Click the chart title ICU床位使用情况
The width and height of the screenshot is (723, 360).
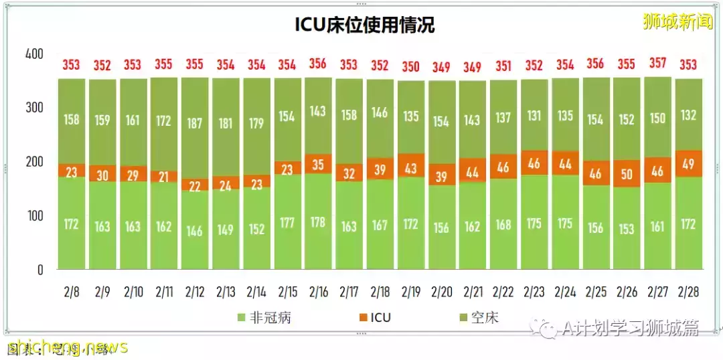tap(365, 25)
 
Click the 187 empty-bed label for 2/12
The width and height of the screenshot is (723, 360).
tap(195, 124)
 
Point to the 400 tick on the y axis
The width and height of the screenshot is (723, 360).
tap(34, 54)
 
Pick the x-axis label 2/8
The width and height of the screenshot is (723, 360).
tap(71, 292)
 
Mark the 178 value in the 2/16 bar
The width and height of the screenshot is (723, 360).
tap(318, 222)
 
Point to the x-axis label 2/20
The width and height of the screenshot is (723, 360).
tap(442, 292)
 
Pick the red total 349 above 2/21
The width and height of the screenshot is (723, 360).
tap(473, 67)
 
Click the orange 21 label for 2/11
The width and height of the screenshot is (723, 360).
tap(164, 177)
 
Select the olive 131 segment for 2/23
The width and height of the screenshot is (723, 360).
tap(535, 116)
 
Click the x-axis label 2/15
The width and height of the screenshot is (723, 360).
tap(287, 292)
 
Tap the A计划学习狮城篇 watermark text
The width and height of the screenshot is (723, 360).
tap(629, 328)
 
